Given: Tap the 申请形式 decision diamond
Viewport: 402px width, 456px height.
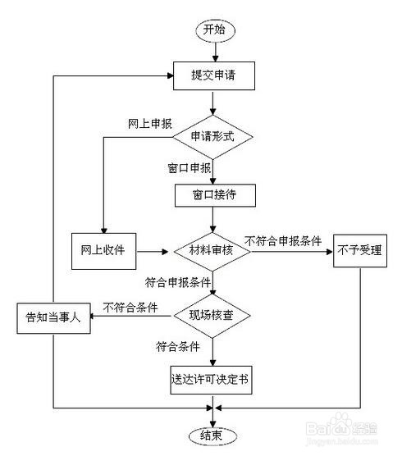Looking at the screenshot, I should tap(213, 137).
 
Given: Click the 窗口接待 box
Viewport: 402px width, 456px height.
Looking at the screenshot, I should tap(213, 196).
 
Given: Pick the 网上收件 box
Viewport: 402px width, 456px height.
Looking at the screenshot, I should tap(103, 249).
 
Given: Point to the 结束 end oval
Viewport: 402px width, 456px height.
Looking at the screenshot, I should tap(213, 434).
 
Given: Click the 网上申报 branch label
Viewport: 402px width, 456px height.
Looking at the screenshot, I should tap(149, 124).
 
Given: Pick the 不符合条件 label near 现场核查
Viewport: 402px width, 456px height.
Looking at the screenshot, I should tap(130, 308).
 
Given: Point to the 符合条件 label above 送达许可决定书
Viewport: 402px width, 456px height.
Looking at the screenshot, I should tap(183, 346).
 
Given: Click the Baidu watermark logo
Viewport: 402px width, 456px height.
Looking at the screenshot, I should tap(328, 433).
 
